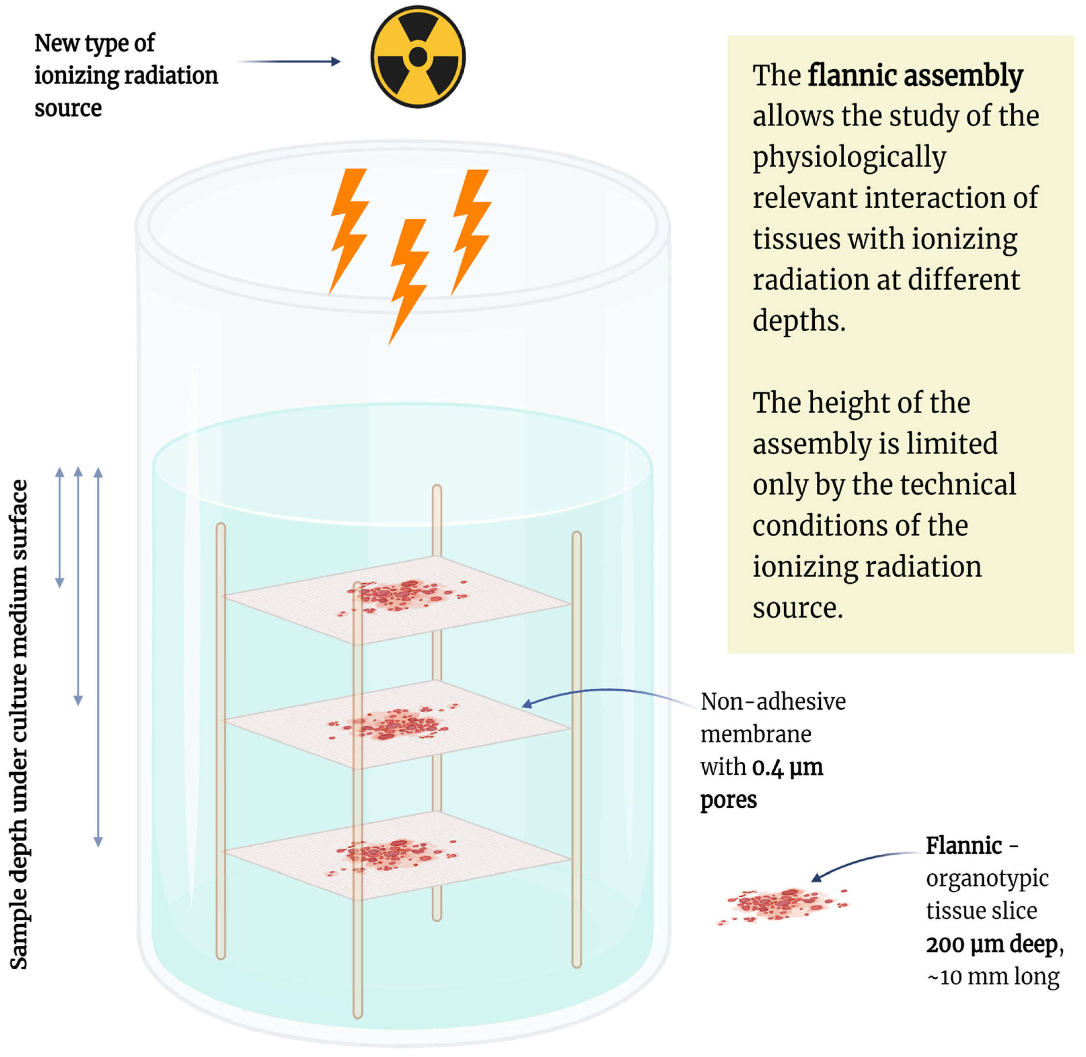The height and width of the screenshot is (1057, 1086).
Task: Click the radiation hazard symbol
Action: [x=418, y=57]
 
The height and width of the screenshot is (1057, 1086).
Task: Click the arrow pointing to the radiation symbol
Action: [x=289, y=61]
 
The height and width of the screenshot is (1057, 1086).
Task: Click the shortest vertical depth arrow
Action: [x=60, y=527]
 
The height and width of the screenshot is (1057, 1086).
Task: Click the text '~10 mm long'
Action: [x=993, y=976]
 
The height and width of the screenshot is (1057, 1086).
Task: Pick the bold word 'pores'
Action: [x=728, y=799]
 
